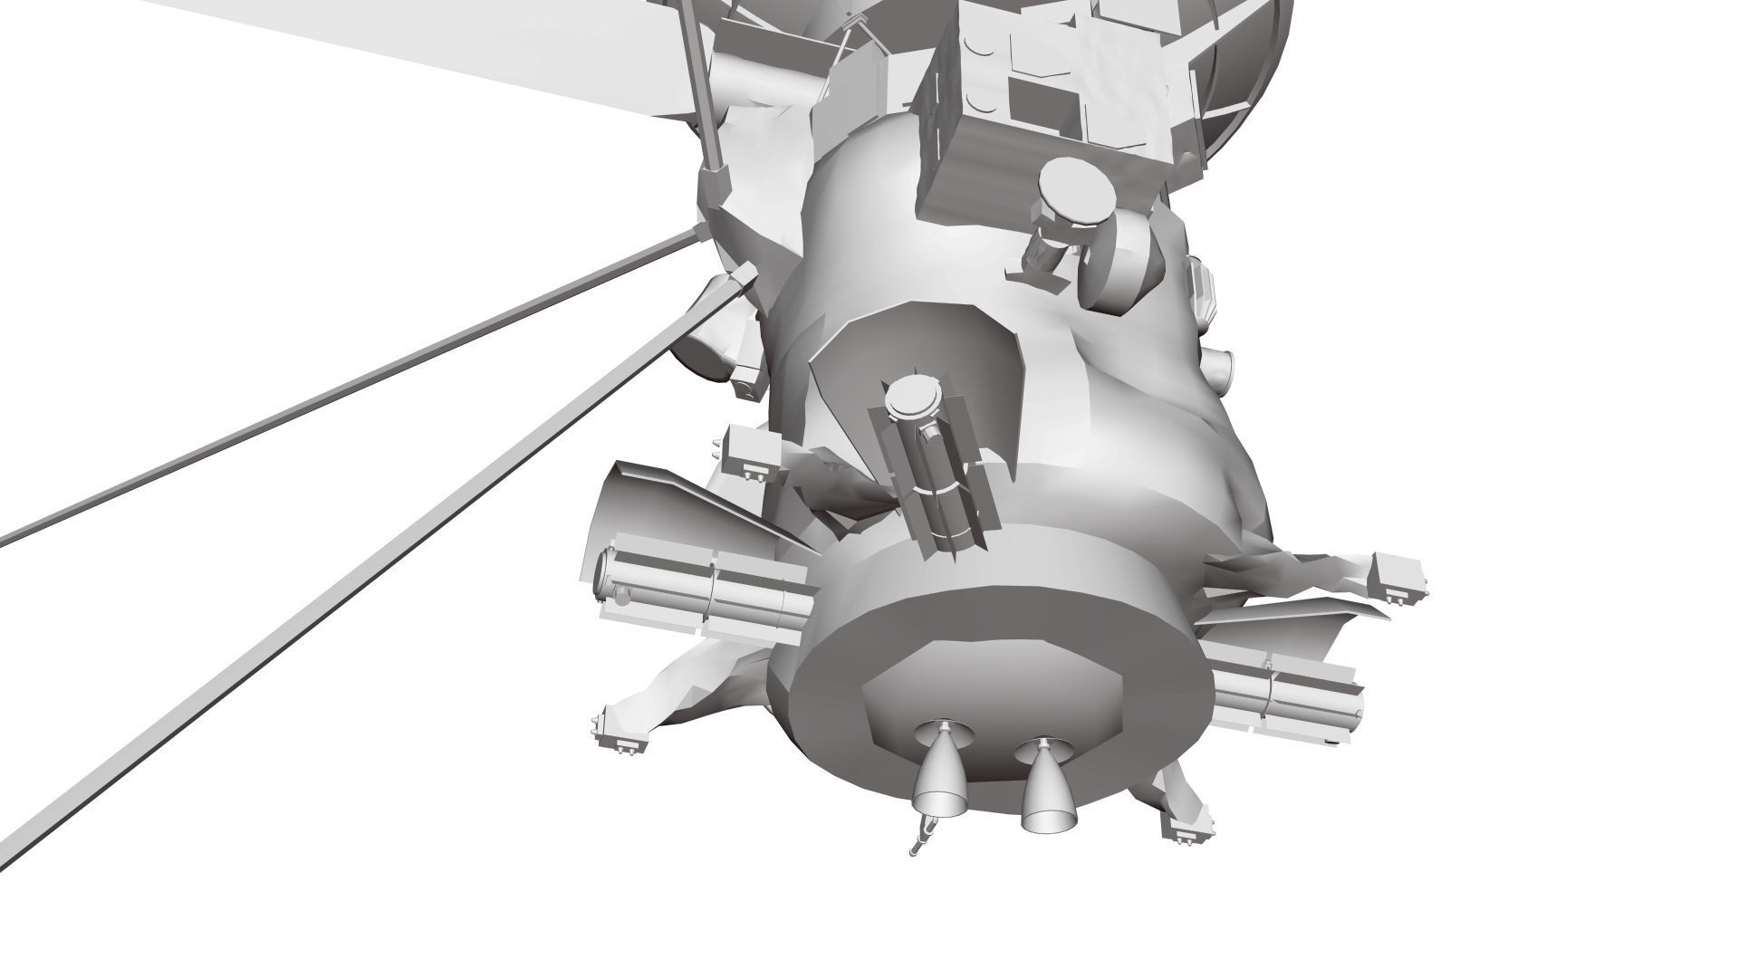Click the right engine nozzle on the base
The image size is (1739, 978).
(1047, 784)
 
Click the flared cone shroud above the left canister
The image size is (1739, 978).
(652, 507)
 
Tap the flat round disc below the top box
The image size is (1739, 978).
(1076, 192)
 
